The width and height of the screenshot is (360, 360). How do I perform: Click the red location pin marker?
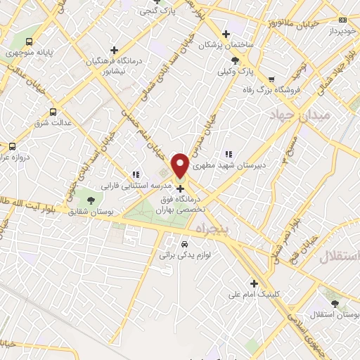181,165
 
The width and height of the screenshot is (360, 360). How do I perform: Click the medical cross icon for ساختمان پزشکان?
225,34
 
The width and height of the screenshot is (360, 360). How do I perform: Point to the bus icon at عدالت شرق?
53,112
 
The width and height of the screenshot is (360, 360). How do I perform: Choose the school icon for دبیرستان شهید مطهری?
228,154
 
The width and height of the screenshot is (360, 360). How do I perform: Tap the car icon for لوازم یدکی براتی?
184,244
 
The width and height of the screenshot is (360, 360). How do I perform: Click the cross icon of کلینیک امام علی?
254,283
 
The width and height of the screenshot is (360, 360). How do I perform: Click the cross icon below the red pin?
181,188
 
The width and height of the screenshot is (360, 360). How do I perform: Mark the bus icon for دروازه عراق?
12,146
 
